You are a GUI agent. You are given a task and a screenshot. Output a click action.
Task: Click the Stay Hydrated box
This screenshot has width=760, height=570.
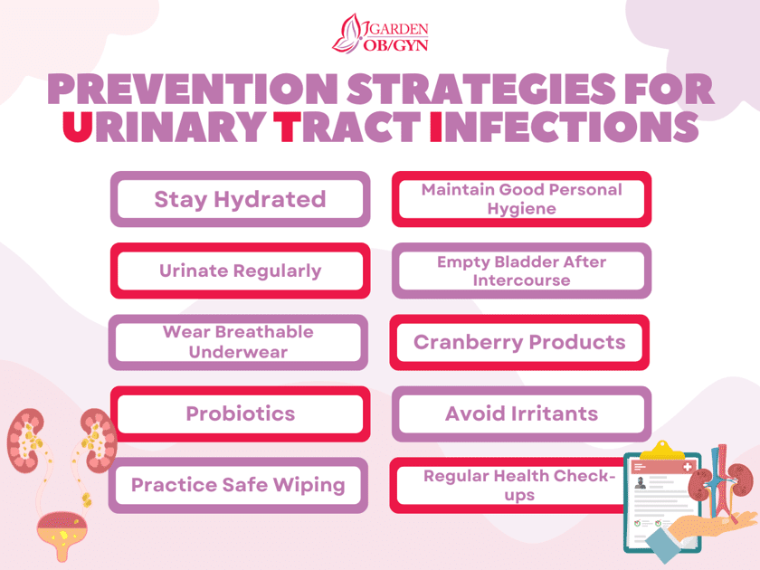(240, 199)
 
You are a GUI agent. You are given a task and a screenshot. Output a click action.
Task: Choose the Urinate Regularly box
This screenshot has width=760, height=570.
(240, 271)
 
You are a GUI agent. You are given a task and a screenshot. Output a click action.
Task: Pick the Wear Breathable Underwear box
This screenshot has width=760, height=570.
(239, 342)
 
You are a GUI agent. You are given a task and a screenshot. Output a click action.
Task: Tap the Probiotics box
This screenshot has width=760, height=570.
(240, 413)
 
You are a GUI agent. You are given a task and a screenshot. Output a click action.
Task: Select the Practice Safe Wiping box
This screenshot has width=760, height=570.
(239, 485)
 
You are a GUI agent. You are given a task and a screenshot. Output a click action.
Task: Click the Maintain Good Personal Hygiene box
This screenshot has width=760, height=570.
(521, 199)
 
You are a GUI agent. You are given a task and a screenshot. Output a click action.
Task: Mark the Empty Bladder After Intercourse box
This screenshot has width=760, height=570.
(521, 271)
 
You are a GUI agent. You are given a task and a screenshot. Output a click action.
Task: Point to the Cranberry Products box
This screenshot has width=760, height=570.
(520, 342)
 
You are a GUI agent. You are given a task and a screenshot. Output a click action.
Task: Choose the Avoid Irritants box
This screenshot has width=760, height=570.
(521, 413)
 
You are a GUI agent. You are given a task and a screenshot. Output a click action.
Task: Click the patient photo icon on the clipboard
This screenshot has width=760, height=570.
(641, 483)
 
